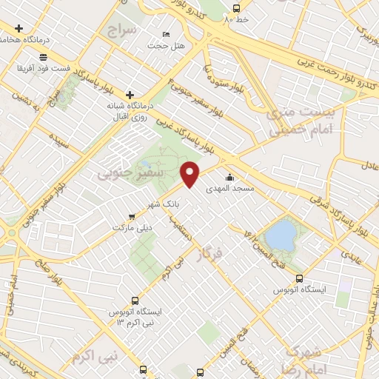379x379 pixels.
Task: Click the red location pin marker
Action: pyautogui.click(x=190, y=175)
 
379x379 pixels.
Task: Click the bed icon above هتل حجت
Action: pyautogui.click(x=166, y=35)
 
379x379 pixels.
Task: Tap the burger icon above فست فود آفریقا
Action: pyautogui.click(x=44, y=57)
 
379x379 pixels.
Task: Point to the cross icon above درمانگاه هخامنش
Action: pyautogui.click(x=19, y=28)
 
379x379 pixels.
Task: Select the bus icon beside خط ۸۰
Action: pyautogui.click(x=236, y=9)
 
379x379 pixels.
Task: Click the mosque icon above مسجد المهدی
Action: pyautogui.click(x=231, y=177)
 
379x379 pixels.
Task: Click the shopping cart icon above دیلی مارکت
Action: pyautogui.click(x=131, y=216)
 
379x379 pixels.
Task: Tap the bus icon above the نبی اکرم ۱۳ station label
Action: pyautogui.click(x=135, y=301)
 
